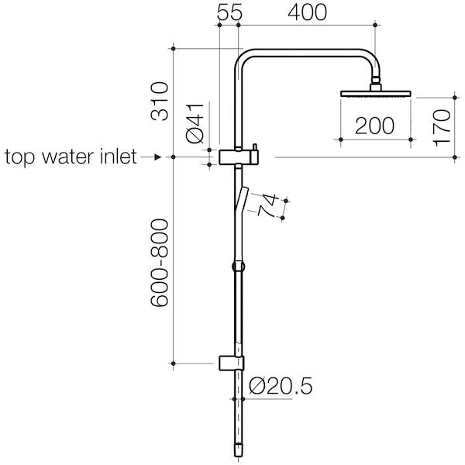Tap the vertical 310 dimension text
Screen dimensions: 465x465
(x=160, y=101)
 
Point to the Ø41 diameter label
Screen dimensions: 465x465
(x=196, y=122)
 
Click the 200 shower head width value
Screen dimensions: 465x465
(x=375, y=126)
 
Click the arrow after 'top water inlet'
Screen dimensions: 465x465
(x=153, y=157)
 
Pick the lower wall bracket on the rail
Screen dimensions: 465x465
(x=231, y=363)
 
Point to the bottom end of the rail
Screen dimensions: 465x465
(x=239, y=448)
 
